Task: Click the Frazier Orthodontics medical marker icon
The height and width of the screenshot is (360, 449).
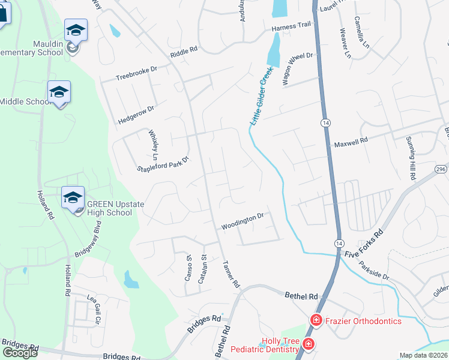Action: pyautogui.click(x=315, y=321)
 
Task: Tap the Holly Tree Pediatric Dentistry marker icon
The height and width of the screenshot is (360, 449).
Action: pyautogui.click(x=308, y=344)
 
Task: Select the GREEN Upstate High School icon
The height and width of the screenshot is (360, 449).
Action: pyautogui.click(x=72, y=197)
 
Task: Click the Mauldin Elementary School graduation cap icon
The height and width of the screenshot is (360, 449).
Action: pyautogui.click(x=76, y=30)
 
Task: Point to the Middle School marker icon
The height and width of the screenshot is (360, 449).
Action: pyautogui.click(x=59, y=92)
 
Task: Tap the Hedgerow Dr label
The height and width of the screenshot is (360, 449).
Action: pyautogui.click(x=136, y=115)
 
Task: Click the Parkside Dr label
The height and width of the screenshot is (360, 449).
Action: pyautogui.click(x=376, y=272)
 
